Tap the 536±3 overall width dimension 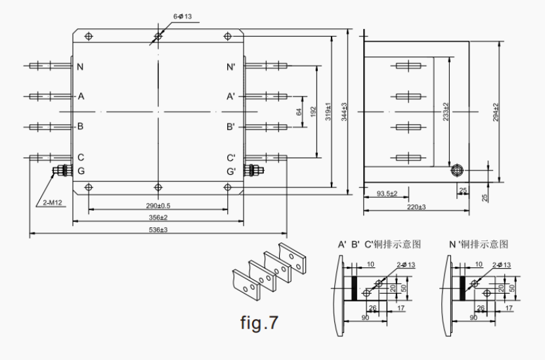click(158, 230)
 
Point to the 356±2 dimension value click(158, 217)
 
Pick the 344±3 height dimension click(344, 112)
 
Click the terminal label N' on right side click(231, 67)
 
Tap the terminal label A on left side click(81, 96)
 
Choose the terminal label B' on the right click(231, 126)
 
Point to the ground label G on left click(80, 171)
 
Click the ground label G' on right click(231, 171)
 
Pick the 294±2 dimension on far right click(496, 112)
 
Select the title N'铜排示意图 click(479, 244)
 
